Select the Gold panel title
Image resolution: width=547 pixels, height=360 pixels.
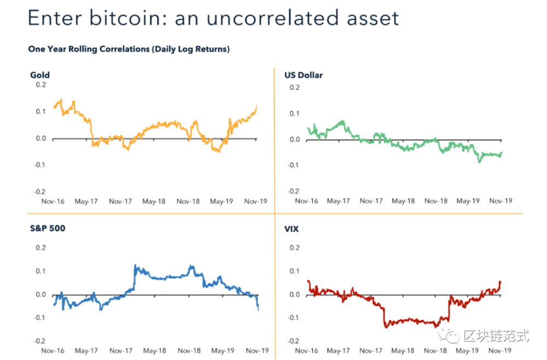point(40,75)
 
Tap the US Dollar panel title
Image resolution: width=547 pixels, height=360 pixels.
point(304,75)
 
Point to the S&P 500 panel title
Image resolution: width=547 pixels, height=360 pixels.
point(47,228)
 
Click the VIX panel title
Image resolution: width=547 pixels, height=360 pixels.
point(292,229)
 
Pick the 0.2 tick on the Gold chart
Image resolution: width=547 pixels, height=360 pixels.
point(41,85)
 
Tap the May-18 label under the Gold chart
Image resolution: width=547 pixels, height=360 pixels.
point(154,201)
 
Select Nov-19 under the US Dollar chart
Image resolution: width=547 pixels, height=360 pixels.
point(501,201)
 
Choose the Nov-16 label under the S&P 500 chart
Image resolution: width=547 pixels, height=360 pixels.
point(53,350)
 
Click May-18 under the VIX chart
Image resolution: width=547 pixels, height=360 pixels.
point(404,350)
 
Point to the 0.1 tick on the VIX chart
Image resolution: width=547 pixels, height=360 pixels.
point(294,271)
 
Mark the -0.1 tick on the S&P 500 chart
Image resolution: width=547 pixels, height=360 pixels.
point(40,318)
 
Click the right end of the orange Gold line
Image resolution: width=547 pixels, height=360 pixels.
point(257,106)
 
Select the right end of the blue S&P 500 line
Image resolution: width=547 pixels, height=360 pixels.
point(258,310)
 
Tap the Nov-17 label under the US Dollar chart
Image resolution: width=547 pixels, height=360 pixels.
point(371,201)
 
